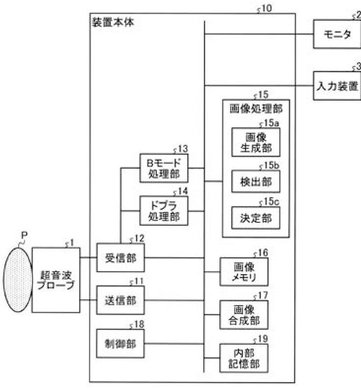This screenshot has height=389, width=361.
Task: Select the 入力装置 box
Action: click(337, 85)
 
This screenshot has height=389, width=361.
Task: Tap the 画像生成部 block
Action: click(256, 142)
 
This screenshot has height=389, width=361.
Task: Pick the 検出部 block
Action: click(256, 181)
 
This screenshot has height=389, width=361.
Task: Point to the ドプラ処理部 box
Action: click(164, 210)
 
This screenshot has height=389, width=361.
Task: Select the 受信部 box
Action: click(120, 257)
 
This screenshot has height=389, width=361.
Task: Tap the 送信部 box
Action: click(120, 300)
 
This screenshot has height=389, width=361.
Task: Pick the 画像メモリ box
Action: click(244, 272)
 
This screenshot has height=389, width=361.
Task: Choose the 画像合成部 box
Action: click(244, 315)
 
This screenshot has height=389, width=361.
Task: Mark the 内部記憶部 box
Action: click(244, 358)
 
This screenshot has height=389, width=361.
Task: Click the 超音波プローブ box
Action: click(56, 280)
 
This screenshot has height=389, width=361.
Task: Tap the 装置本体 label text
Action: click(113, 23)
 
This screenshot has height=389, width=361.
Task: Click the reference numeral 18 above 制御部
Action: click(134, 323)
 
